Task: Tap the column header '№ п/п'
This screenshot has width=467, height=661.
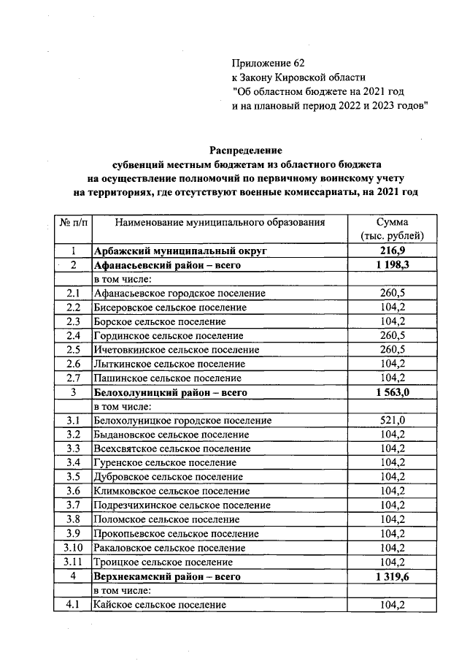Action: [x=72, y=222]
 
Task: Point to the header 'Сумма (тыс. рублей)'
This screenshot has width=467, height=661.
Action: [x=393, y=229]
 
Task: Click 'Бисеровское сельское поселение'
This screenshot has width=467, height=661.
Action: [x=170, y=307]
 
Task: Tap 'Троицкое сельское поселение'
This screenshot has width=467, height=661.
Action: [x=163, y=562]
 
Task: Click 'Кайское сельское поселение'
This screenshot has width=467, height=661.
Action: [x=159, y=604]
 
